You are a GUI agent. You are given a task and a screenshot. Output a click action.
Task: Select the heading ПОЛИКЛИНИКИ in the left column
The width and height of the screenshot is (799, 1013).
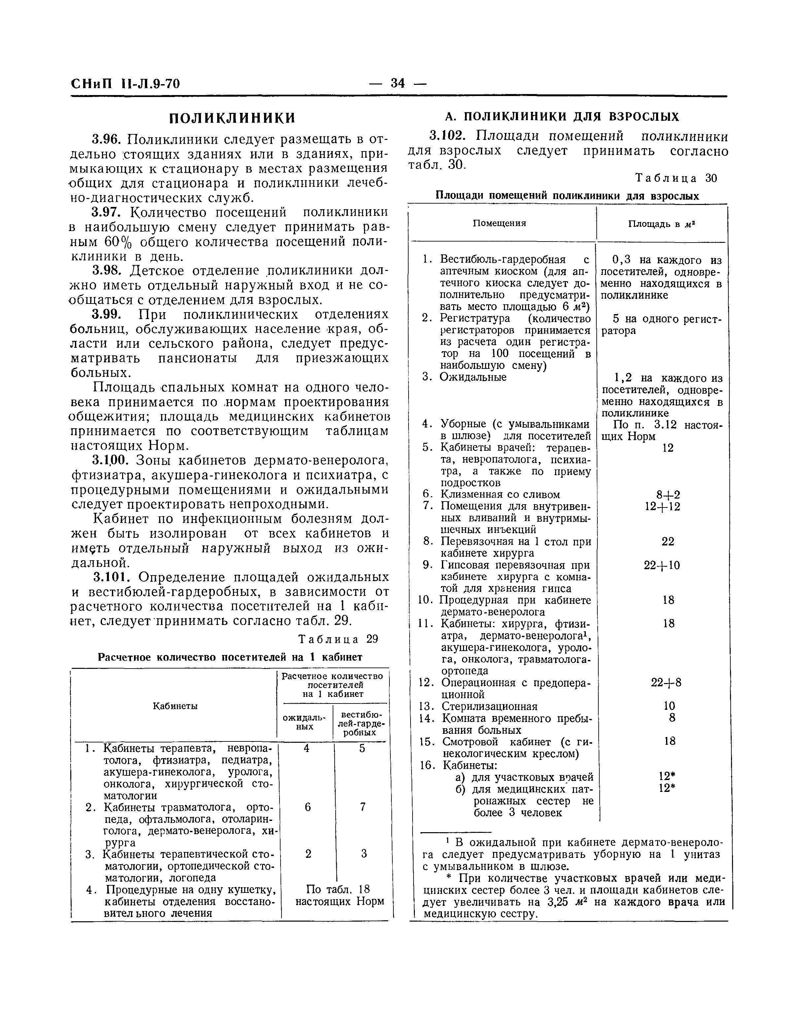232,118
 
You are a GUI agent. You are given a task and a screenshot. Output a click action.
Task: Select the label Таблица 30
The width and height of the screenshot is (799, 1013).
676,178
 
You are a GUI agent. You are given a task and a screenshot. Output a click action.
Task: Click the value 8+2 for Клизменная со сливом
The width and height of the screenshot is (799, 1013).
668,495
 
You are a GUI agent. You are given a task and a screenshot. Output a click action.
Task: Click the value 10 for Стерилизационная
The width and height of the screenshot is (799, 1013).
669,706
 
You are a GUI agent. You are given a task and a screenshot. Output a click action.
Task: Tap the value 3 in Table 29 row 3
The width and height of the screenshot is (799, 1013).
363,854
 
